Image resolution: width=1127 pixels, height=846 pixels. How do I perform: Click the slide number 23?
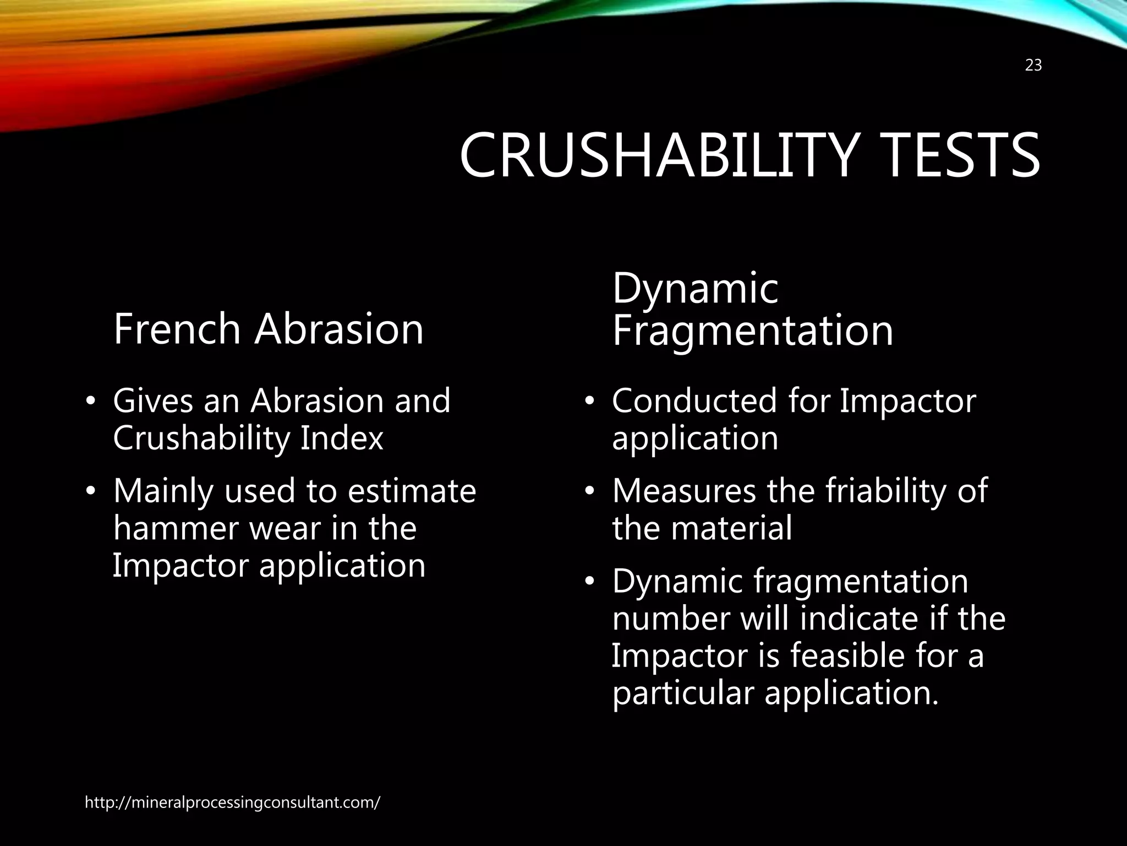(x=1033, y=66)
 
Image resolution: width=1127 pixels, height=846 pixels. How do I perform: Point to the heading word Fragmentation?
(x=752, y=330)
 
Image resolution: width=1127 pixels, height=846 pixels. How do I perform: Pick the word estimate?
(x=412, y=491)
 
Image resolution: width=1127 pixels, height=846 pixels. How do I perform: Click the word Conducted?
(x=694, y=400)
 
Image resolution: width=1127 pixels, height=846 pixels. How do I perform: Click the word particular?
(x=682, y=693)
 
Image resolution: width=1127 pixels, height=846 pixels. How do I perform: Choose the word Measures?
(x=684, y=491)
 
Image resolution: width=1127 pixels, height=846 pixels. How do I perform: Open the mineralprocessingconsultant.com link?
(x=232, y=802)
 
